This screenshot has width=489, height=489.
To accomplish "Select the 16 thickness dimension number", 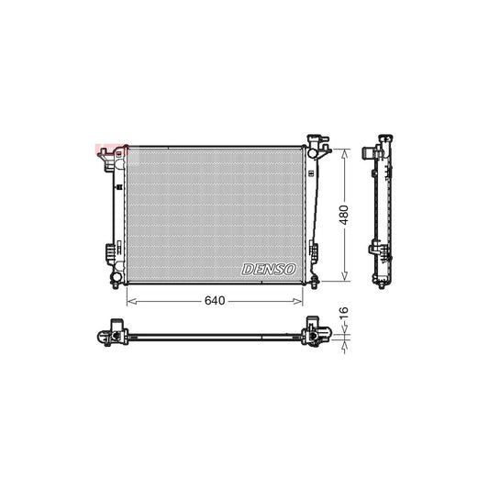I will point(345,315).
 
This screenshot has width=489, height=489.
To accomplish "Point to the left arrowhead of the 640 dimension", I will point(128,300).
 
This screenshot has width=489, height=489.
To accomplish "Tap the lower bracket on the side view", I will point(373,249).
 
